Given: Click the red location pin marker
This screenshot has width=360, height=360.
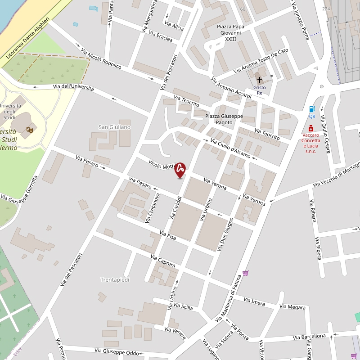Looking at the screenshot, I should coord(180,170).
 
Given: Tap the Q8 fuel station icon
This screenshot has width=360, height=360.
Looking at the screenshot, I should coord(312,109).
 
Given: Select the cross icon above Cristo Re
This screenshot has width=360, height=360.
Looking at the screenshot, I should coord(259,80).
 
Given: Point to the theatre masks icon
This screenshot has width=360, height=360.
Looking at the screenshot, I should coord(30,130).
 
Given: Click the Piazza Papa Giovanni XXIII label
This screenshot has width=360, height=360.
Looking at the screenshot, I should coord(230,33).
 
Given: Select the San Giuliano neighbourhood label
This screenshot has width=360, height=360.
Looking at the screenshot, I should coord(115,127).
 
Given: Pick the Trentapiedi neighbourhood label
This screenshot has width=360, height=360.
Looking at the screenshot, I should coord(115,279).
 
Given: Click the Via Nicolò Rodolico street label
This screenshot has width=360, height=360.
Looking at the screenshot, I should coord(101,58).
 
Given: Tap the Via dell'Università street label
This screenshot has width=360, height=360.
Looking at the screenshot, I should coord(73,87).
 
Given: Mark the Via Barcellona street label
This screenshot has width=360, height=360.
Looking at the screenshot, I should coord(309,336).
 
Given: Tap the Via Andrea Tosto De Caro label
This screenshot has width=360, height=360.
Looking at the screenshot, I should coord(261,61).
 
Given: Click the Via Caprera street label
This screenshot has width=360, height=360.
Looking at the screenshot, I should coord(163,261).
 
